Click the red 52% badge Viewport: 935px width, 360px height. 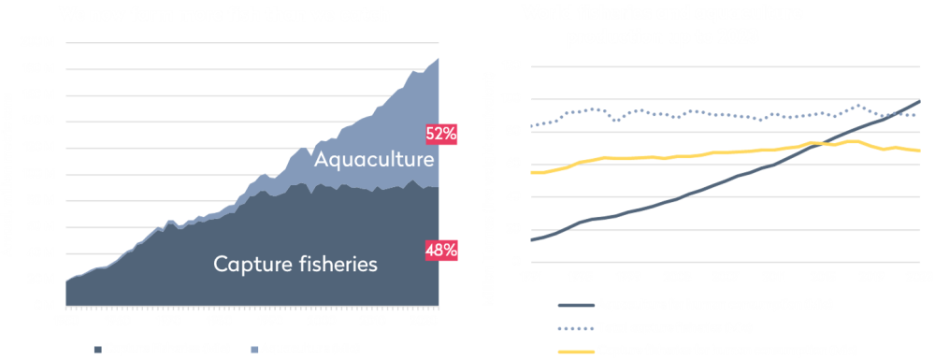[x=440, y=134]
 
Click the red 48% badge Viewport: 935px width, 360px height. [x=440, y=250]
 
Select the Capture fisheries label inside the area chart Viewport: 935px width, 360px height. [x=295, y=264]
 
